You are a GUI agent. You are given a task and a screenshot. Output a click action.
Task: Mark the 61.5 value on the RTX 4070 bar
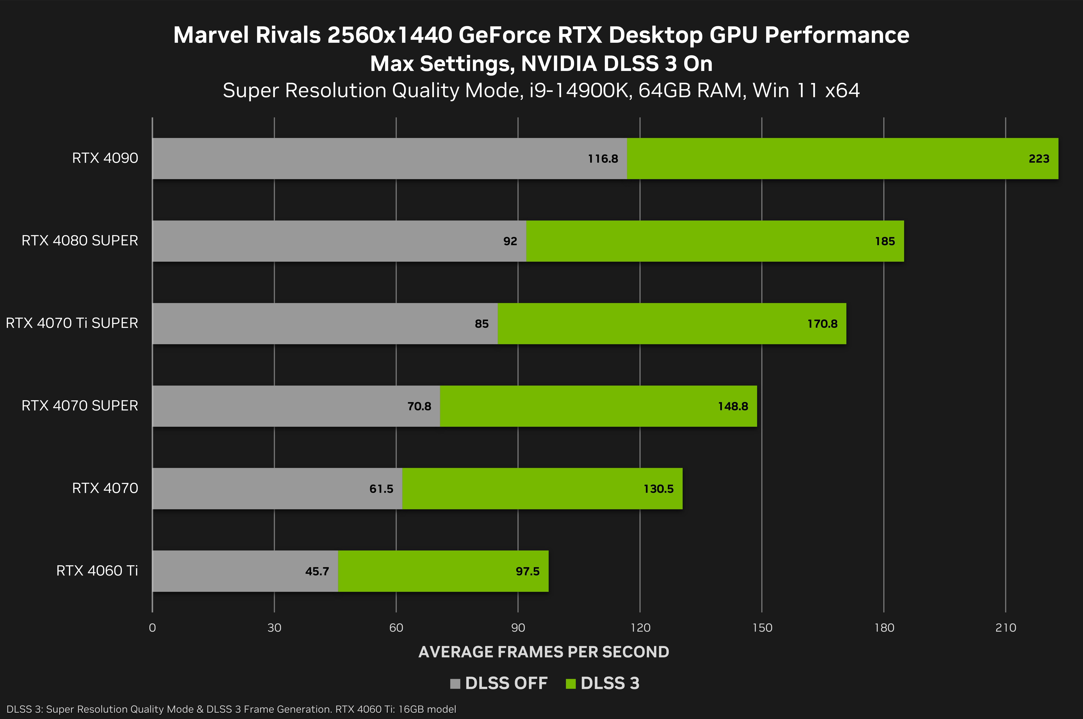pyautogui.click(x=381, y=489)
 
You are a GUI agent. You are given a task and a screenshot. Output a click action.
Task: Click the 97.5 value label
pyautogui.click(x=528, y=571)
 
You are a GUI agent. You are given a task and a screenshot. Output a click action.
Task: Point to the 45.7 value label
pyautogui.click(x=317, y=571)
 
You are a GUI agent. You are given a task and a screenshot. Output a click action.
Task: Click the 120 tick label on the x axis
pyautogui.click(x=640, y=628)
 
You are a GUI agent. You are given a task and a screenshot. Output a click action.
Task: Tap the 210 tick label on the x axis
pyautogui.click(x=1006, y=628)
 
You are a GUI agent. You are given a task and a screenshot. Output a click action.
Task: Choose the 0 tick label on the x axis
pyautogui.click(x=152, y=628)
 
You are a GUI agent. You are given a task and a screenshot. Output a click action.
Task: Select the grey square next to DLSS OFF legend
pyautogui.click(x=455, y=684)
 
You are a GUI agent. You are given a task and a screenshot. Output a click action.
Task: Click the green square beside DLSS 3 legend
pyautogui.click(x=571, y=684)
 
